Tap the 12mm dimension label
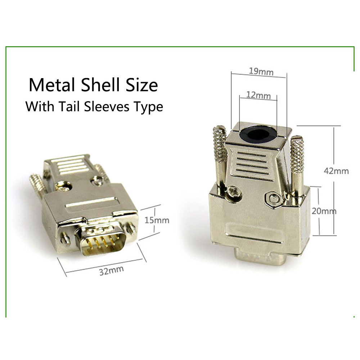coord(258,95)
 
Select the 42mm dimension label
coord(337,171)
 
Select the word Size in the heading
coord(143,85)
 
